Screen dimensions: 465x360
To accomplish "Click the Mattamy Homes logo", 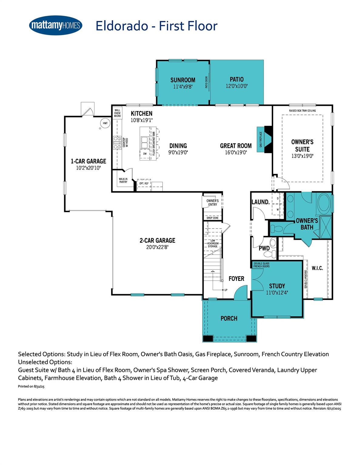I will click(x=56, y=25).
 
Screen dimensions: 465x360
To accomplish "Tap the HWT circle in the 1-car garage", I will click(x=105, y=123).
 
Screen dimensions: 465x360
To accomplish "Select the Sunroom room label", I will click(x=183, y=80).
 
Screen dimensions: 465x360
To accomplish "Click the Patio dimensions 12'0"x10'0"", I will click(x=237, y=86).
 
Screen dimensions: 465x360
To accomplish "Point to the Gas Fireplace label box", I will click(x=260, y=140).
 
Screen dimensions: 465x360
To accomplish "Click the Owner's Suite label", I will click(x=302, y=145).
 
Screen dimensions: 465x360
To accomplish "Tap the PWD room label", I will click(x=264, y=248).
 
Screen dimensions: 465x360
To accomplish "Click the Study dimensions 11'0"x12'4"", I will click(x=277, y=293).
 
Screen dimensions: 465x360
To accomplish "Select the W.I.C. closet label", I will click(x=317, y=268).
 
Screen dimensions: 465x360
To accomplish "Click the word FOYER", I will click(x=236, y=279).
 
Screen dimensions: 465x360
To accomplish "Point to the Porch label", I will click(x=229, y=318).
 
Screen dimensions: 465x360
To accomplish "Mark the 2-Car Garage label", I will click(x=157, y=240).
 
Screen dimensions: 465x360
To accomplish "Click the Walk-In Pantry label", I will click(x=123, y=180).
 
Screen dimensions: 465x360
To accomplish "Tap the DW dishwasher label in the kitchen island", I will click(x=145, y=154).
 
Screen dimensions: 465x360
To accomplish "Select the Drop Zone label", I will click(x=212, y=218).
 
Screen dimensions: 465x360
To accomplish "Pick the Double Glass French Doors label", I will click(x=261, y=265).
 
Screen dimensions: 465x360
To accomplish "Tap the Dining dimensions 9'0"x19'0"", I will click(x=178, y=153).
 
